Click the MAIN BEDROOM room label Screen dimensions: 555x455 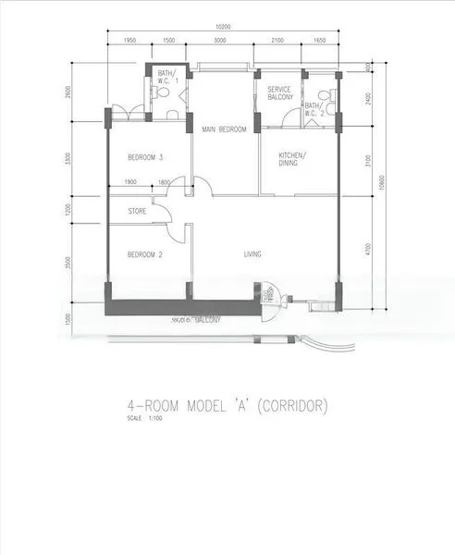(224, 129)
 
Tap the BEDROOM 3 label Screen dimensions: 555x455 (145, 157)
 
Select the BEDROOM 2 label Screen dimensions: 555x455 (144, 254)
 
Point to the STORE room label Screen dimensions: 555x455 (137, 211)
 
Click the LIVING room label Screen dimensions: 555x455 (253, 254)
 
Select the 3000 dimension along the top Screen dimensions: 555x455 (220, 42)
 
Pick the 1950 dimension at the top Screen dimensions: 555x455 (129, 42)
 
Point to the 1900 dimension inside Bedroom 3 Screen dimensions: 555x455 (129, 182)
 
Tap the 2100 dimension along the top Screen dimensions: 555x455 (277, 42)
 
